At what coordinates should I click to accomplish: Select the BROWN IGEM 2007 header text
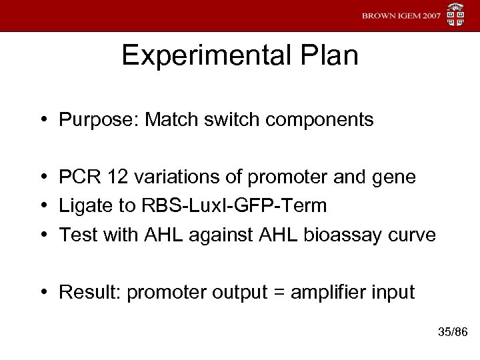[401, 15]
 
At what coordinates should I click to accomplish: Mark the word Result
[83, 292]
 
